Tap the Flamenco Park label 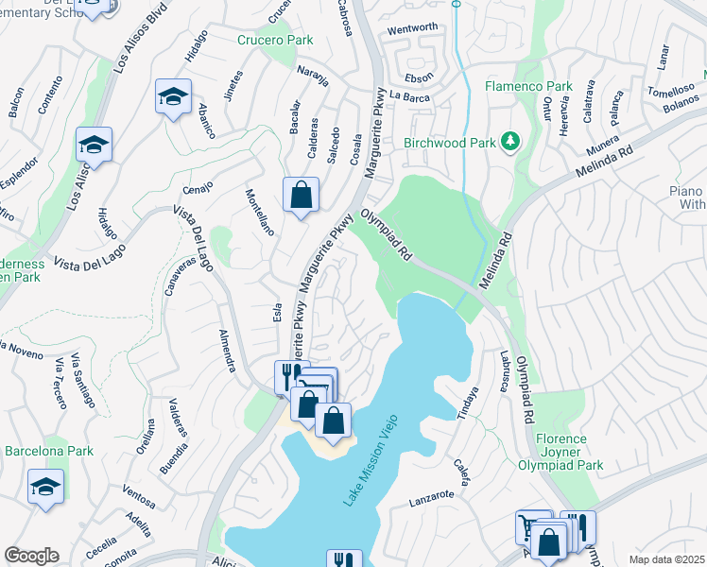pos(528,86)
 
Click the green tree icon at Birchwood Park pos(511,142)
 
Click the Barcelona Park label pos(49,451)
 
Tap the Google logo pos(31,556)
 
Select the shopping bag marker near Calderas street pos(301,197)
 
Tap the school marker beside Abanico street pos(173,97)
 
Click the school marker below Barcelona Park pos(45,489)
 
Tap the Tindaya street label pos(468,404)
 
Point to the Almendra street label pos(227,351)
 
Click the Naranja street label pos(313,75)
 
